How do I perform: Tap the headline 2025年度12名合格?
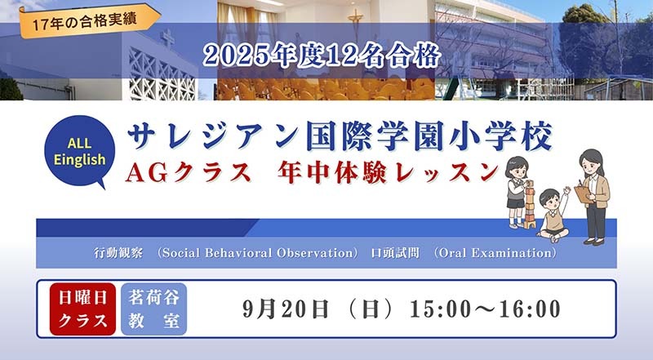tap(322, 56)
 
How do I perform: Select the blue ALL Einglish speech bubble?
tap(79, 152)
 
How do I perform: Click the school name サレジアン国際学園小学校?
tap(340, 136)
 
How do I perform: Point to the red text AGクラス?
tap(189, 172)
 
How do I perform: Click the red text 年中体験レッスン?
tap(389, 172)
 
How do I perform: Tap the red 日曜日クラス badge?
tap(82, 309)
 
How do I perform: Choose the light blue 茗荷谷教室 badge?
tap(153, 309)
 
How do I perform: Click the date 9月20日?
tap(285, 309)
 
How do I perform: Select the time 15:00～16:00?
tap(485, 309)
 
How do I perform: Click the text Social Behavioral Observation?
tap(258, 253)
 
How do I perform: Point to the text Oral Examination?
tap(495, 253)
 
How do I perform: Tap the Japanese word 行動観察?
tap(118, 253)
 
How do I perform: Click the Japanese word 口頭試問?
tap(395, 253)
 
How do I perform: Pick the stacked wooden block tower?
tap(530, 205)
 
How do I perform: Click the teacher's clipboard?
tap(583, 194)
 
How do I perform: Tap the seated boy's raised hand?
tap(566, 190)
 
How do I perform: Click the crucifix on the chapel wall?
tap(356, 21)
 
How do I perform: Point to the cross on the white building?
tap(167, 38)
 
